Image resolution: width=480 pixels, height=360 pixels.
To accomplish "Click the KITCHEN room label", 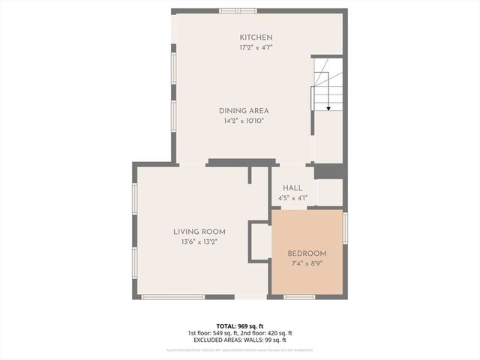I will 256,37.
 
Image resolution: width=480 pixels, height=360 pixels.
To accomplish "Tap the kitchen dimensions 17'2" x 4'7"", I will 256,48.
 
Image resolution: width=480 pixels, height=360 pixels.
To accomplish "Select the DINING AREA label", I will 244,110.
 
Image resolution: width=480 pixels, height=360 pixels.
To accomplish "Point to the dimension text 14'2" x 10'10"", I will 244,121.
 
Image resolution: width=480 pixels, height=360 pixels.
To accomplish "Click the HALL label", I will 292,188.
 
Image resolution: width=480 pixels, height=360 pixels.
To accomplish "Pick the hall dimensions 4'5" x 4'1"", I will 292,199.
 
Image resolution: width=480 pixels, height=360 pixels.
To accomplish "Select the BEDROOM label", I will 307,253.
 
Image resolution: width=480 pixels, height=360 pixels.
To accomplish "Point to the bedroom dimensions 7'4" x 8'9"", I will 307,264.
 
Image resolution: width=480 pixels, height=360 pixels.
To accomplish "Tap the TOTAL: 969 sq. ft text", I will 240,325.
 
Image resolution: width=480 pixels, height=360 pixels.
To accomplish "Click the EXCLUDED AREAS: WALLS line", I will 240,340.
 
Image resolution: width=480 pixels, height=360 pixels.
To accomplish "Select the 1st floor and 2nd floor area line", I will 240,333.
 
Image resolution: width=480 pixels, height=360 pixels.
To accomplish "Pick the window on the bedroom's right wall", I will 345,227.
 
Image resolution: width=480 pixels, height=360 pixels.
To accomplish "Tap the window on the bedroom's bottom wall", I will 298,297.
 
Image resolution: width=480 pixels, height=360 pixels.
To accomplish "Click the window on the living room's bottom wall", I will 172,297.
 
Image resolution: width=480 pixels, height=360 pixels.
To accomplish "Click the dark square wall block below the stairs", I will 328,172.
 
